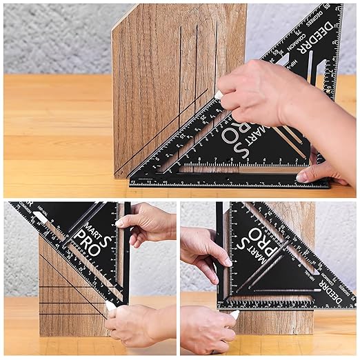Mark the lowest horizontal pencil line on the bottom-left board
[x=69, y=314]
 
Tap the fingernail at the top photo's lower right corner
[x=302, y=177]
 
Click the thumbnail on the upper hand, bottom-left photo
[x=121, y=222]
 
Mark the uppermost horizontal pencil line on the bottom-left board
[x=62, y=286]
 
